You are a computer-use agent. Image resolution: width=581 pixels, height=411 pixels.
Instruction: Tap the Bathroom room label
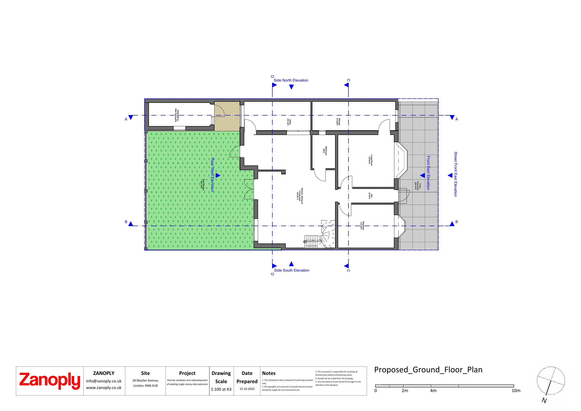[x=325, y=151]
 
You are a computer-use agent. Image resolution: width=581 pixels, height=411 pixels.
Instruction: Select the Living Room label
[x=370, y=160]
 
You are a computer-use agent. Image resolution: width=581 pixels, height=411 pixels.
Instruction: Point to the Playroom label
[x=362, y=225]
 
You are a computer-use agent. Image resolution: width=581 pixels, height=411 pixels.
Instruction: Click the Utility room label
[x=289, y=122]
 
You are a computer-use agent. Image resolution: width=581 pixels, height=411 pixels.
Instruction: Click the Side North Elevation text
[x=291, y=80]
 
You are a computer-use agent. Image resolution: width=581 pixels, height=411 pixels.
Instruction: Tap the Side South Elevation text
[x=292, y=270]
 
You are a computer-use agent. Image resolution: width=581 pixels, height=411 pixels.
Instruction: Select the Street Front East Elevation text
[x=455, y=174]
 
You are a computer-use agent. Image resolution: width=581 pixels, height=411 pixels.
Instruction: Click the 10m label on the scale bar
[x=516, y=390]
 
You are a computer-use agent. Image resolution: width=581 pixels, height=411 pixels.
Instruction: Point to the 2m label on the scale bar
[x=405, y=390]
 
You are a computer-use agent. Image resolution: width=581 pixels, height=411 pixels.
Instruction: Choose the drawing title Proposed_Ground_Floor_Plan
[x=428, y=370]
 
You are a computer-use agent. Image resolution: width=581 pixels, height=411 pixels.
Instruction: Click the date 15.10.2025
[x=247, y=389]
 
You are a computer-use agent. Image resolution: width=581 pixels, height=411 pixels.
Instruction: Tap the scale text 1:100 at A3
[x=221, y=389]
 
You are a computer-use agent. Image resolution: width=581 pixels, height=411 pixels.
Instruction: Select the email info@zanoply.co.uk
[x=104, y=381]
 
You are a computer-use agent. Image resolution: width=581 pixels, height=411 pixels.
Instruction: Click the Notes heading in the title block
[x=269, y=373]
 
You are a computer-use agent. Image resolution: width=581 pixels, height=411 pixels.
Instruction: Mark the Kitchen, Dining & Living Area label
[x=300, y=196]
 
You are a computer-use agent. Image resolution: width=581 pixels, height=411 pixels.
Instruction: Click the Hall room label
[x=370, y=196]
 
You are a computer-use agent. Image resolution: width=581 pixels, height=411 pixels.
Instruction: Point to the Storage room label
[x=338, y=122]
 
